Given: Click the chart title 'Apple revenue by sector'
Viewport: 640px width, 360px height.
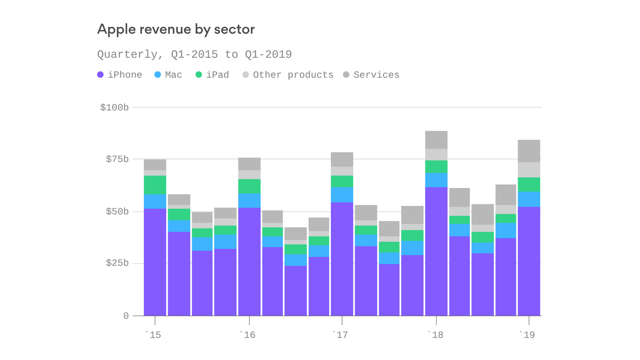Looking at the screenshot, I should point(176,29).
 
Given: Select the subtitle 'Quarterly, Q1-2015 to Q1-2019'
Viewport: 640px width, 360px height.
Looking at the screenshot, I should point(194,54).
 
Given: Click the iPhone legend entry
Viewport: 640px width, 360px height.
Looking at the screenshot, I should point(120,75).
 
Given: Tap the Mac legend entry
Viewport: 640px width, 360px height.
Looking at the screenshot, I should point(169,75).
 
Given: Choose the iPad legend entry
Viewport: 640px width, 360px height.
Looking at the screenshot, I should point(212,75).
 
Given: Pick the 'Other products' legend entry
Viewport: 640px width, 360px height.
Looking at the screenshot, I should point(288,75).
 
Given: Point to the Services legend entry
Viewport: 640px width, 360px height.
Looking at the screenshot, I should point(372,75).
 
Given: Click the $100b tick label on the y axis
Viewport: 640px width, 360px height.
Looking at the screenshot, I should point(114,107).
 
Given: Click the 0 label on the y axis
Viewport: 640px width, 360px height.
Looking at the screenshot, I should point(126,316).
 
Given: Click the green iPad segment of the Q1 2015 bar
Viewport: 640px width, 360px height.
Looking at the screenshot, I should point(155,185).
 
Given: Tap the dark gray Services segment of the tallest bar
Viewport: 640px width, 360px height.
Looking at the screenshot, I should point(436,140).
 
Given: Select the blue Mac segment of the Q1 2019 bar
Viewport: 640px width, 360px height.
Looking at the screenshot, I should point(529,199).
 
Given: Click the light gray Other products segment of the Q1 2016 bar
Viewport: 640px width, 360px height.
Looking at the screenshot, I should point(249,174).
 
